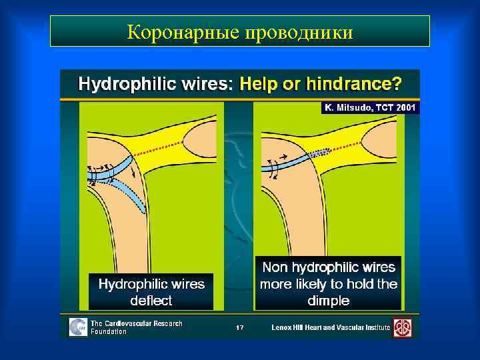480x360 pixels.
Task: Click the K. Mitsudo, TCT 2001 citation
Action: click(370, 107)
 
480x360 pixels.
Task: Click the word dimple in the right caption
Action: click(328, 301)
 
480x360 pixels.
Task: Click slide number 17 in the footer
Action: click(241, 327)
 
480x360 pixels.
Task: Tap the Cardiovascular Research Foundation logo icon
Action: click(78, 327)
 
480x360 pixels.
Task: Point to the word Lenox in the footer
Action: click(283, 327)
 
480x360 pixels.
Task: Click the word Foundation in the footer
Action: click(109, 331)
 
